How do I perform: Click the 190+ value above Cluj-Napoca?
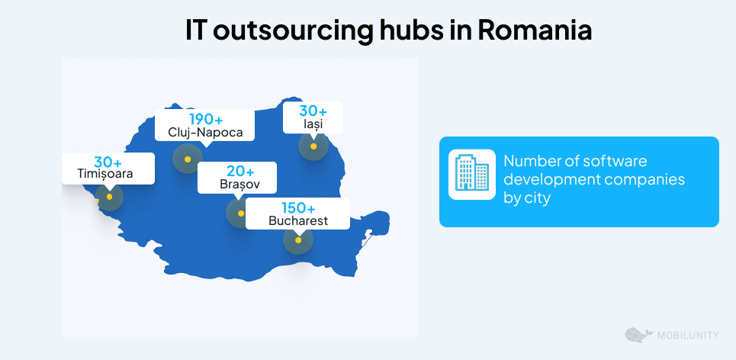tap(206, 120)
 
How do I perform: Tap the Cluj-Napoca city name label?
tap(205, 133)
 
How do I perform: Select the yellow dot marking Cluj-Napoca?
tap(187, 159)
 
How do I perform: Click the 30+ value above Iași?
tap(313, 111)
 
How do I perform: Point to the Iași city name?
tap(313, 124)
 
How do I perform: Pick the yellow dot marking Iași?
tap(313, 146)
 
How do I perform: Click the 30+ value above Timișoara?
tap(108, 162)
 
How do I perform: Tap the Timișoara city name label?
tap(105, 174)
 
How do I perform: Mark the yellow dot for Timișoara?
tap(110, 197)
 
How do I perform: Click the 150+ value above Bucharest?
tap(298, 208)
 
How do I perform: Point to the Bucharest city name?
tap(298, 221)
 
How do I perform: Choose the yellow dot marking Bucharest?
tap(298, 240)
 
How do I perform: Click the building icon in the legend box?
tap(471, 174)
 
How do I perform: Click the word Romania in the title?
tap(535, 31)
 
